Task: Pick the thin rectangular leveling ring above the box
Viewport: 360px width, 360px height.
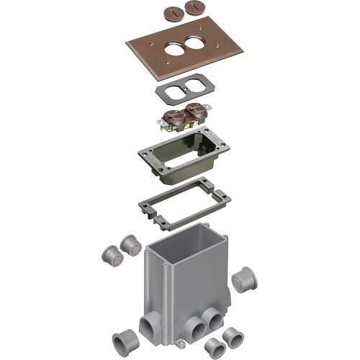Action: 185,205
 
